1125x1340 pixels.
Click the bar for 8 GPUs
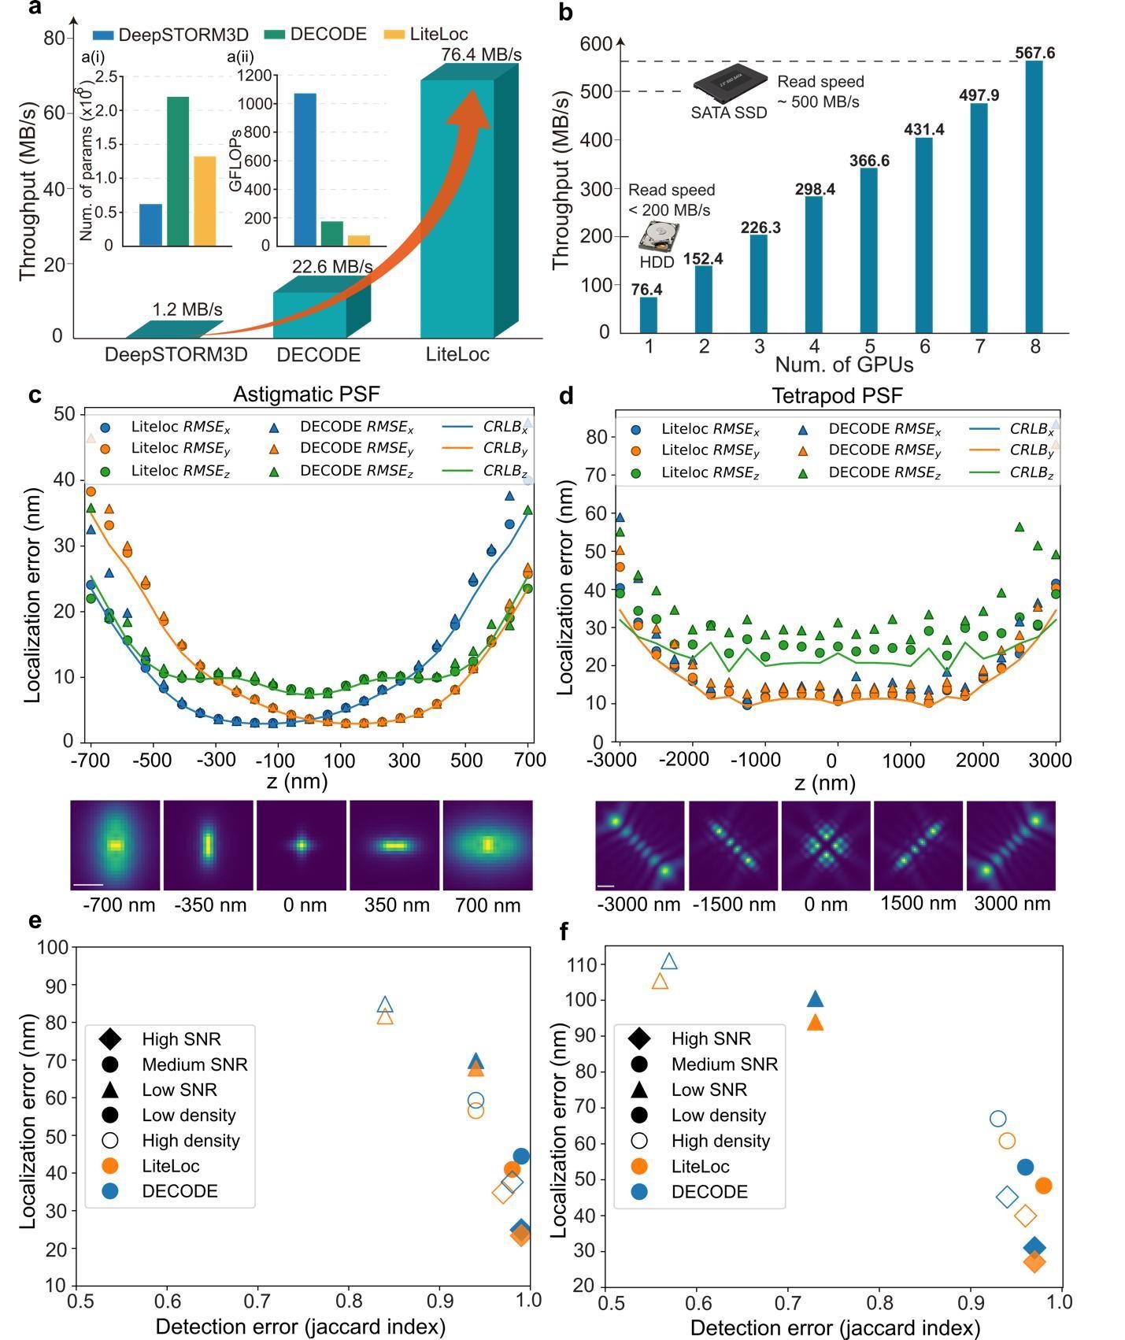(1034, 197)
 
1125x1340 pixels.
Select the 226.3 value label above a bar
(760, 228)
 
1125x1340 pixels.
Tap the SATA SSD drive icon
(730, 83)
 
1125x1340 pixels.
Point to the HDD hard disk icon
(657, 237)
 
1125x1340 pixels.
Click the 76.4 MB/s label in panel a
(481, 54)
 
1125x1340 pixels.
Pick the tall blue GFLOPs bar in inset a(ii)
(305, 170)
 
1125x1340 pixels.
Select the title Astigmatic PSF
(306, 394)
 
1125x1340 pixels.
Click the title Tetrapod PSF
(836, 395)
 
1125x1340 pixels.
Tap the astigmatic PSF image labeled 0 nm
(301, 845)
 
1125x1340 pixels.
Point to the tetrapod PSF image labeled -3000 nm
(639, 846)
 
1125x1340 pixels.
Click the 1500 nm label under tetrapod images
(918, 903)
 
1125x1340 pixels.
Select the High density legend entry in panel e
(191, 1140)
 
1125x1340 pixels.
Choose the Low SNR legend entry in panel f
(709, 1090)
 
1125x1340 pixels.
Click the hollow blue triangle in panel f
(669, 961)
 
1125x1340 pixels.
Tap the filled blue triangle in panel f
(816, 1000)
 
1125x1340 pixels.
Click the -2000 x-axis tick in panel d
(693, 760)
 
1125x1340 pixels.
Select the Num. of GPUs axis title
(844, 365)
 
